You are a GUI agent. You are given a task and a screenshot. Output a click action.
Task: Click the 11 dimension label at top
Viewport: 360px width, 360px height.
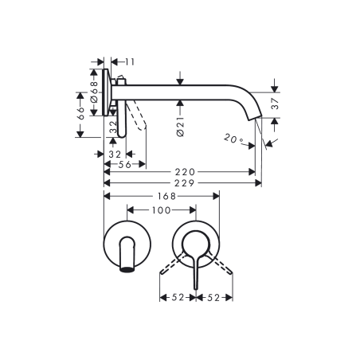click(x=128, y=61)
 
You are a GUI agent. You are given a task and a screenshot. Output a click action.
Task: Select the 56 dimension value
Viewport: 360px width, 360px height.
click(x=124, y=165)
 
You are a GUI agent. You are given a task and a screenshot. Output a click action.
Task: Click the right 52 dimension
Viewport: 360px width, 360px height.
click(x=213, y=298)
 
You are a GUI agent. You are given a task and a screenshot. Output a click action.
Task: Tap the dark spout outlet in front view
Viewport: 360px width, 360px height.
click(x=125, y=268)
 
